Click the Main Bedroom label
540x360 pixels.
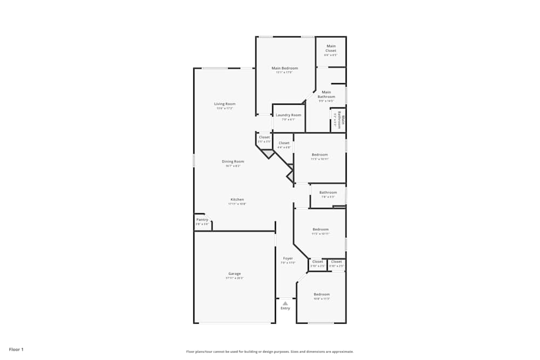[x=285, y=68]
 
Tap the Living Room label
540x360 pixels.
[x=225, y=104]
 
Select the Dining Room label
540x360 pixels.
[x=233, y=161]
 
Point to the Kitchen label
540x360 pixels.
[x=237, y=199]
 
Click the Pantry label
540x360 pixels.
[x=202, y=220]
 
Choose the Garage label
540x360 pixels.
[x=234, y=274]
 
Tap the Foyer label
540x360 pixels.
[x=288, y=258]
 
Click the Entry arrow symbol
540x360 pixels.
[x=285, y=303]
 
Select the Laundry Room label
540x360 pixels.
[x=288, y=115]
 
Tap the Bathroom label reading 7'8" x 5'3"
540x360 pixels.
[x=328, y=192]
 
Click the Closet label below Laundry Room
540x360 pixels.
[x=284, y=143]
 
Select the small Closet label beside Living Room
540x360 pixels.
[x=264, y=137]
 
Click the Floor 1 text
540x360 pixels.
[x=16, y=349]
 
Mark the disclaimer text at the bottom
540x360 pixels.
[x=270, y=351]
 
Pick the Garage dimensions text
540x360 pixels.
[x=235, y=278]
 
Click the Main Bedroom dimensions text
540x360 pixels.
[x=285, y=72]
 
